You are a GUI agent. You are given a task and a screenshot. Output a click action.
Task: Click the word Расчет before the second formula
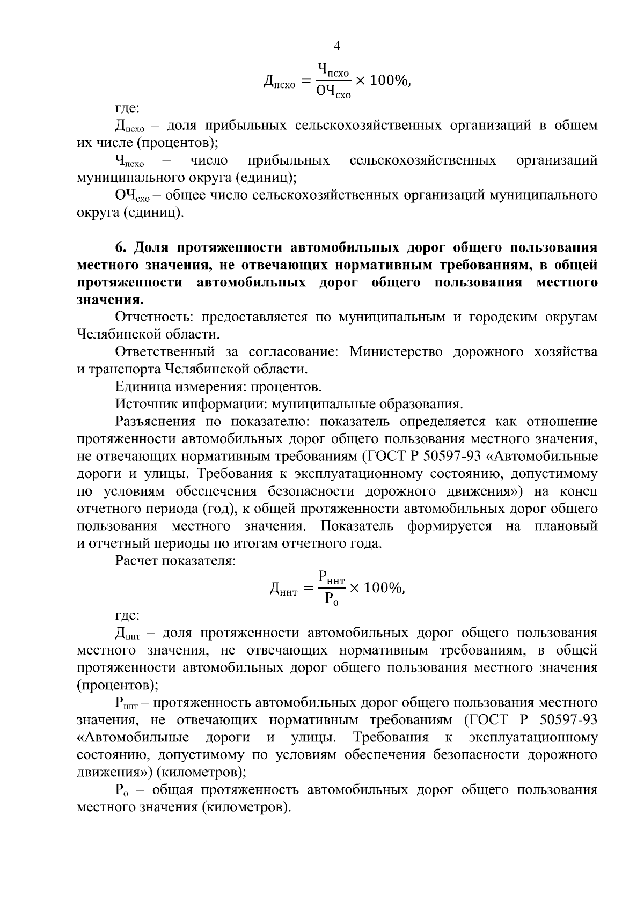coord(137,561)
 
